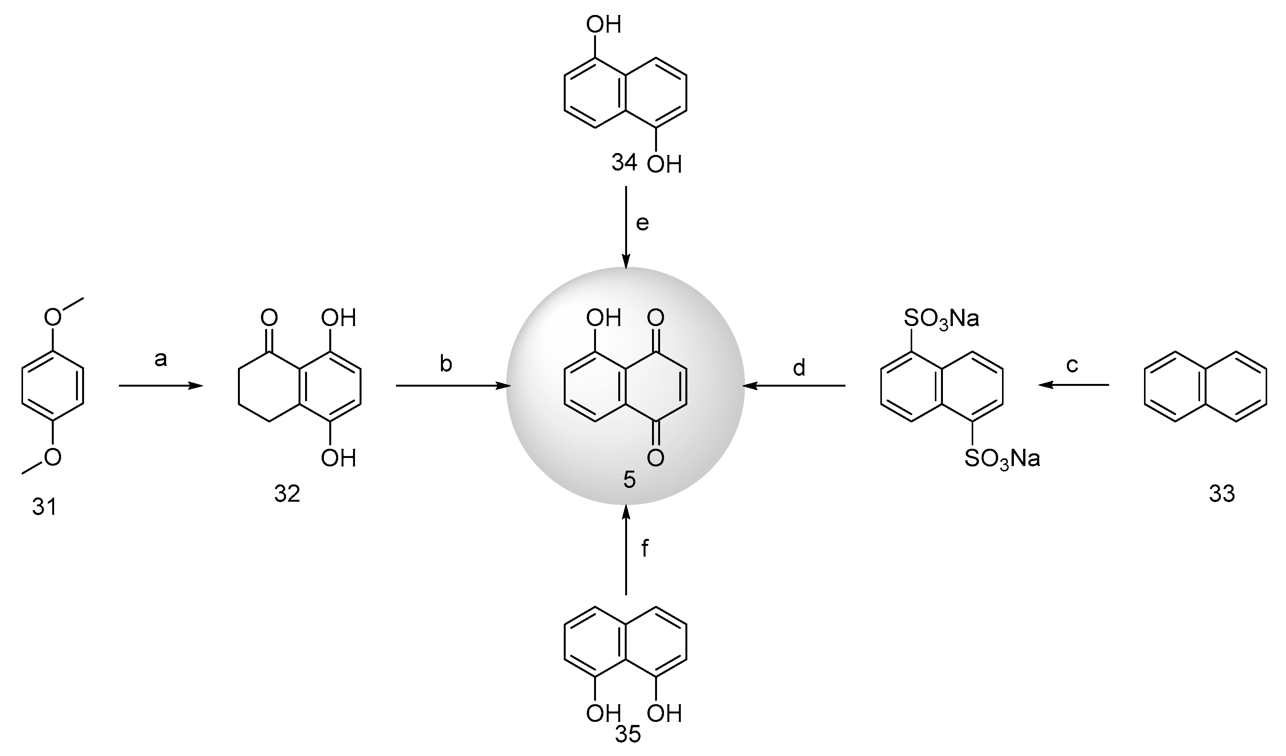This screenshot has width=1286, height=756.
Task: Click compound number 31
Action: click(45, 507)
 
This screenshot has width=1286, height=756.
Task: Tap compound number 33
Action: click(1222, 493)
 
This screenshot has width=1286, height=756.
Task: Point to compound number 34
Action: click(625, 163)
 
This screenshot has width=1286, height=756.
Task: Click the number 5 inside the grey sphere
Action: click(629, 480)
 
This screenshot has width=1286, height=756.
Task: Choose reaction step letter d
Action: click(799, 367)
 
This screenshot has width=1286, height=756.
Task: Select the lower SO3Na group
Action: click(1002, 459)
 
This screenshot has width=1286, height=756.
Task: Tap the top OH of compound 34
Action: click(603, 25)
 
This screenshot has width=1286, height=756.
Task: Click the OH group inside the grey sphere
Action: click(603, 318)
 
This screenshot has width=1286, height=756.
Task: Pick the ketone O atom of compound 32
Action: click(269, 318)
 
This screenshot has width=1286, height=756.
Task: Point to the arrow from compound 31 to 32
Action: click(161, 386)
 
